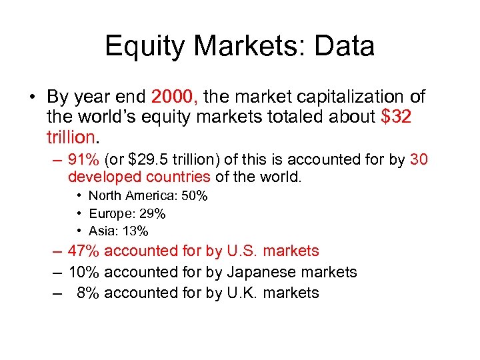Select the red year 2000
(175, 97)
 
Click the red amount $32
(396, 117)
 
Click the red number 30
(419, 160)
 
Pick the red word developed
(99, 177)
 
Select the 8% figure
(89, 293)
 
